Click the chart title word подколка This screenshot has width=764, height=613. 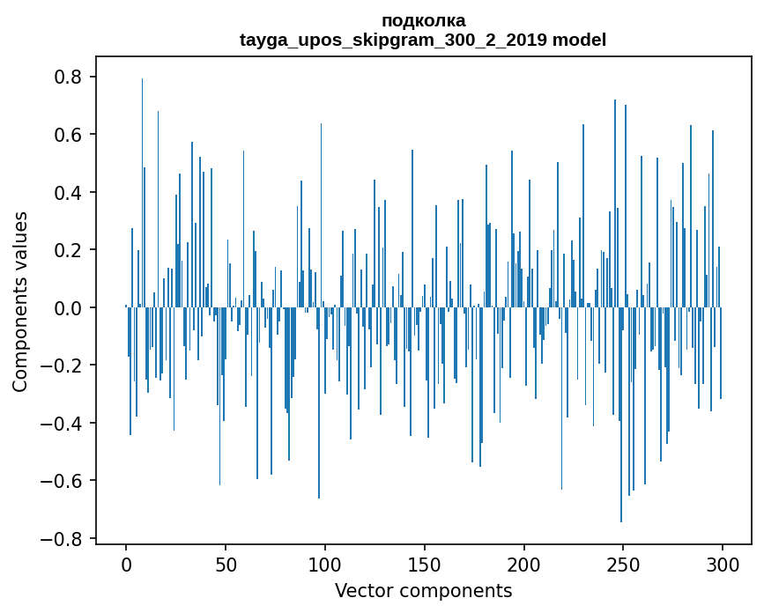423,20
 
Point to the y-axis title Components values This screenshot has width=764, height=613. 20,301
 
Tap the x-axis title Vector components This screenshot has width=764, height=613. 423,590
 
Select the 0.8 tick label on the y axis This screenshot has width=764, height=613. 69,78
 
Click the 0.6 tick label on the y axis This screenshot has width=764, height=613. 69,135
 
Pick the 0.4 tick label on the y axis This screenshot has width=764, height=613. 69,193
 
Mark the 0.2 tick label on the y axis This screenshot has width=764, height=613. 69,250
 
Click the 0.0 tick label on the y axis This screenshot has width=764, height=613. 69,308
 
